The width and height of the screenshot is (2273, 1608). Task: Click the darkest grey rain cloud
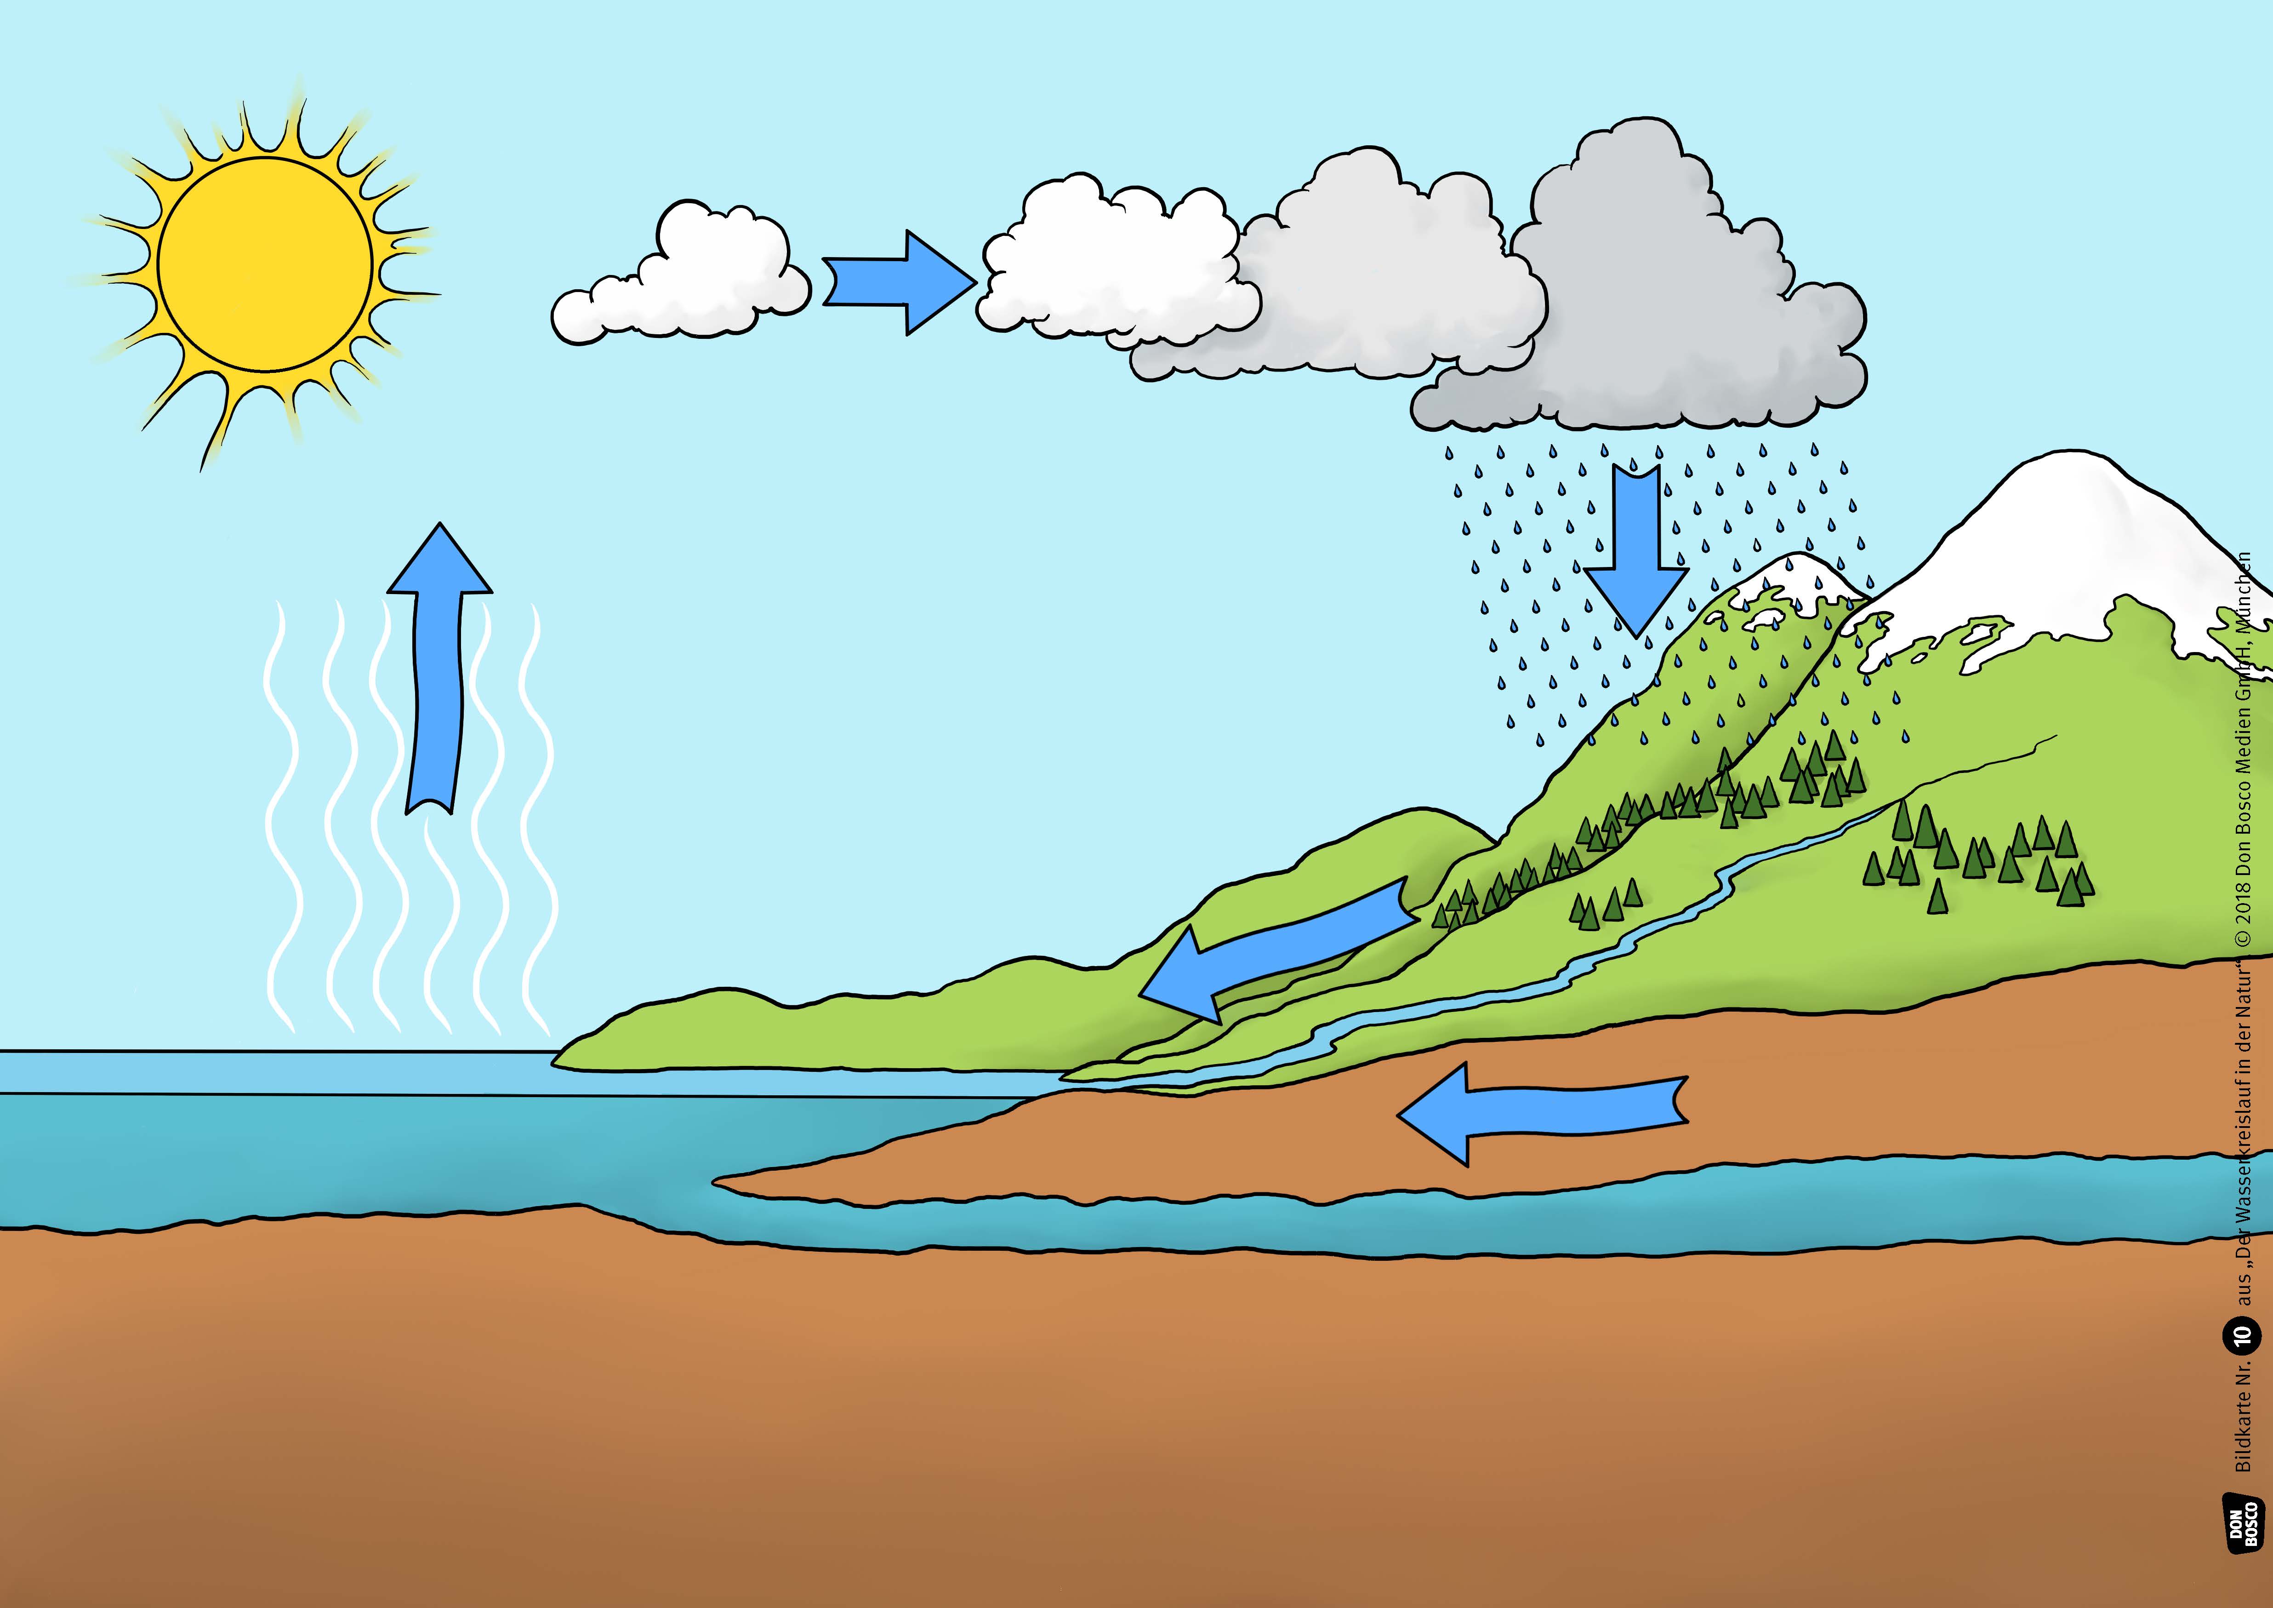point(1663,317)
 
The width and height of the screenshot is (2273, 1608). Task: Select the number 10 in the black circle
point(2243,1335)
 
